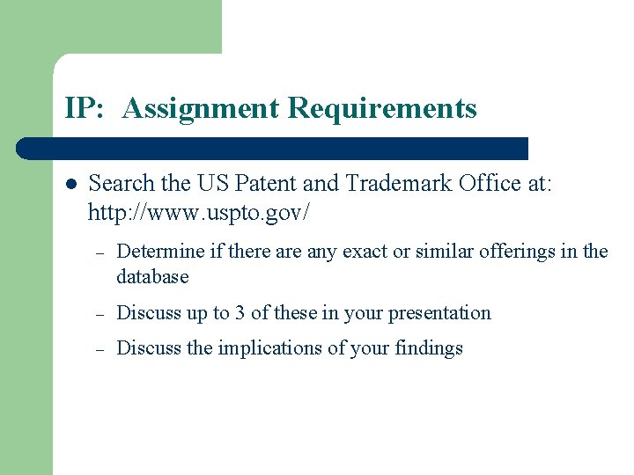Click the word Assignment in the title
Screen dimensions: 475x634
(x=202, y=109)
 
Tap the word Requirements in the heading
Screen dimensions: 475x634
(x=382, y=109)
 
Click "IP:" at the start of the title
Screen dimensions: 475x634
(x=85, y=109)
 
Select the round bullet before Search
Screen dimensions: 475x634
(x=70, y=184)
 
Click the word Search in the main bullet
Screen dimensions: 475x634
(x=121, y=183)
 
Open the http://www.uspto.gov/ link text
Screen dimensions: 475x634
(x=200, y=212)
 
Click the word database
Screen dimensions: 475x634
(x=152, y=276)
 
